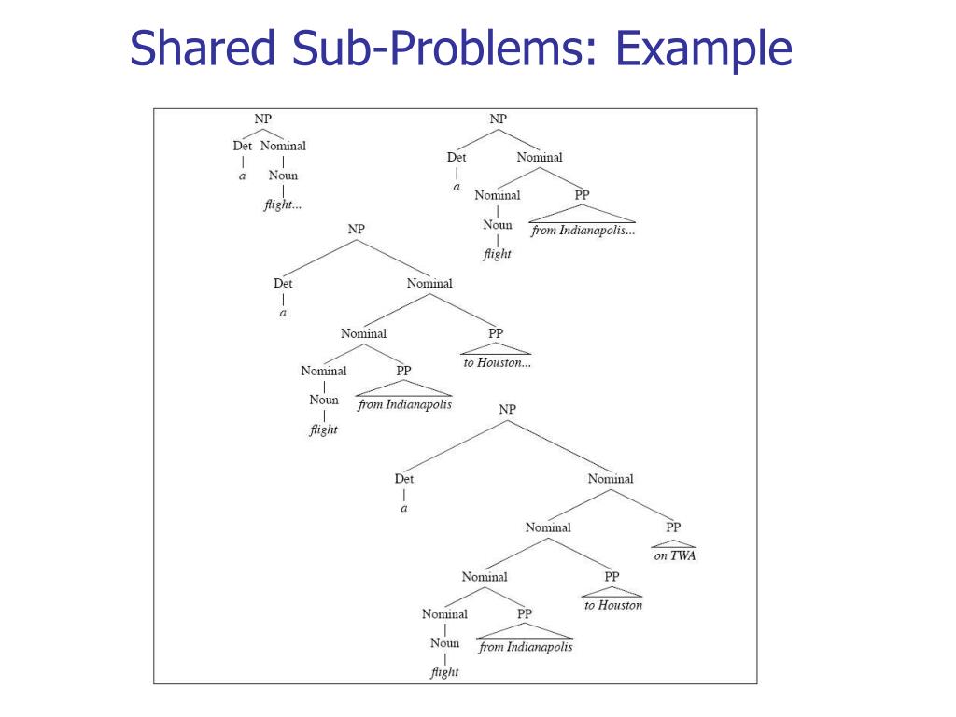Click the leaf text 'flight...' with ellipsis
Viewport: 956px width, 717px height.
282,204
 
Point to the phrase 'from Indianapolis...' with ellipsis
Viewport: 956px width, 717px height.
583,231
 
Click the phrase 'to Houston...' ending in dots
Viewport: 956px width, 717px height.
497,362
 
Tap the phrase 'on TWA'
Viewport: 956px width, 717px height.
674,556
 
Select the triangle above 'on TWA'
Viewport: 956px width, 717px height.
674,543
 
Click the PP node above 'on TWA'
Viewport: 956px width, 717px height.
673,527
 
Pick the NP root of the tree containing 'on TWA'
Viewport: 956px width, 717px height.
507,409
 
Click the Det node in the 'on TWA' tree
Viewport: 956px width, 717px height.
403,479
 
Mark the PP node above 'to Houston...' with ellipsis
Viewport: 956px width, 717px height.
496,332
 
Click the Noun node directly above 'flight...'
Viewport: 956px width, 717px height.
283,176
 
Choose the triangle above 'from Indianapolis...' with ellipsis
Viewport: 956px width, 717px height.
583,214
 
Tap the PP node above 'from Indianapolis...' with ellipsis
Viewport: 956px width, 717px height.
583,195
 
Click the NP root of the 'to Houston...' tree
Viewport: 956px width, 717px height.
356,228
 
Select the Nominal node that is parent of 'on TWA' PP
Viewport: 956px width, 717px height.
610,479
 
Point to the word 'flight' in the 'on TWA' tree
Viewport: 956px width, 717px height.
444,672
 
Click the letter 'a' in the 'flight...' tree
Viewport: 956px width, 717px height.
243,176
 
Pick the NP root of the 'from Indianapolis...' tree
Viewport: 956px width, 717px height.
498,119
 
